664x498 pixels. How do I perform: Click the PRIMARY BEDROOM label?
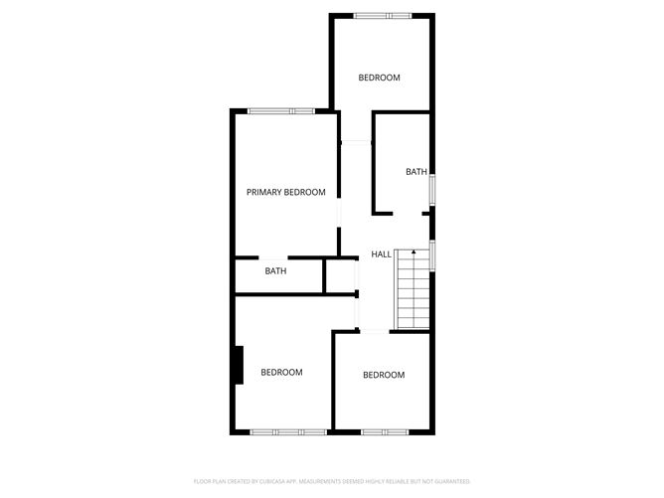tap(285, 192)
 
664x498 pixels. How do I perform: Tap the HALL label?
tap(381, 254)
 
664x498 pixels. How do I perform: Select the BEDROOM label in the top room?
tap(379, 78)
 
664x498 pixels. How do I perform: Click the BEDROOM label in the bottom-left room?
tap(281, 373)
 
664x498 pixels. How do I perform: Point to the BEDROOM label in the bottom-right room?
tap(384, 375)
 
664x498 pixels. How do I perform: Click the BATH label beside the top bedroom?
tap(415, 172)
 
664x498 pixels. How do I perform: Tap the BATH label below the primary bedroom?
tap(275, 270)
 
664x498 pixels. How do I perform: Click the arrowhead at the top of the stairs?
tap(413, 253)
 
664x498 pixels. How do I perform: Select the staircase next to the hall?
tap(413, 290)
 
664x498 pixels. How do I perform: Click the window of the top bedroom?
tap(383, 15)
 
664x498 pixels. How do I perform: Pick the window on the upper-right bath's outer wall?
tap(431, 190)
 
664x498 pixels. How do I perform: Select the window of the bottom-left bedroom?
tap(288, 431)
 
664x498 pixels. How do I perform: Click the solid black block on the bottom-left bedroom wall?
tap(238, 364)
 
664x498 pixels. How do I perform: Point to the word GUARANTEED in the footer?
tap(450, 480)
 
